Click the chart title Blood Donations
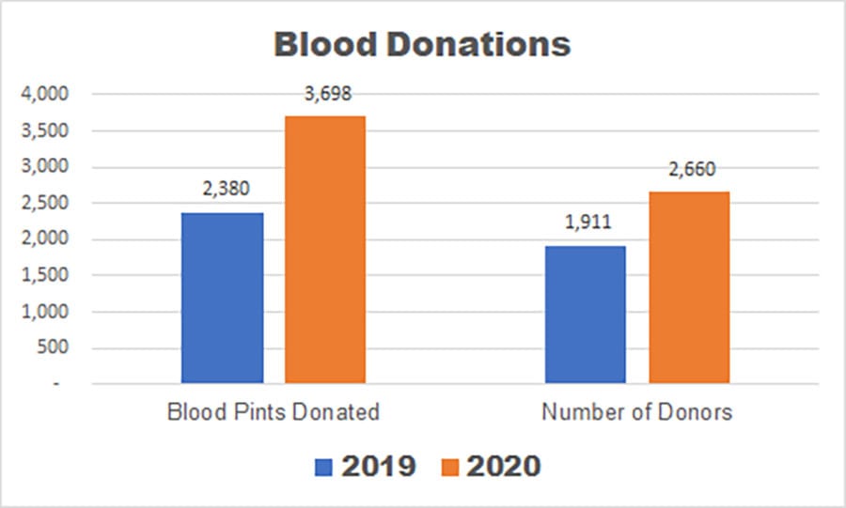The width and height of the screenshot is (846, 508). [422, 44]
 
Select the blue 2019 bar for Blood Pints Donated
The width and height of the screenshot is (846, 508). [223, 298]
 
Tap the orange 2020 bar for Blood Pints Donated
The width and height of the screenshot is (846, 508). [324, 249]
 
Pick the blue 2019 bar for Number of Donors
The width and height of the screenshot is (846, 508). [586, 315]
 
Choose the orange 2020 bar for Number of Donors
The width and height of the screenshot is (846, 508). [688, 287]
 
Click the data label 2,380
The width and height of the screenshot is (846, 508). [223, 189]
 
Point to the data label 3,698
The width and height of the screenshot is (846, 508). [324, 94]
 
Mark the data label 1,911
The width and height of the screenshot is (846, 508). [586, 223]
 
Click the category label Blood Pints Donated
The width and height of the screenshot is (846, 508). [273, 411]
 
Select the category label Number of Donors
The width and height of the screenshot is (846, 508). [636, 411]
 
